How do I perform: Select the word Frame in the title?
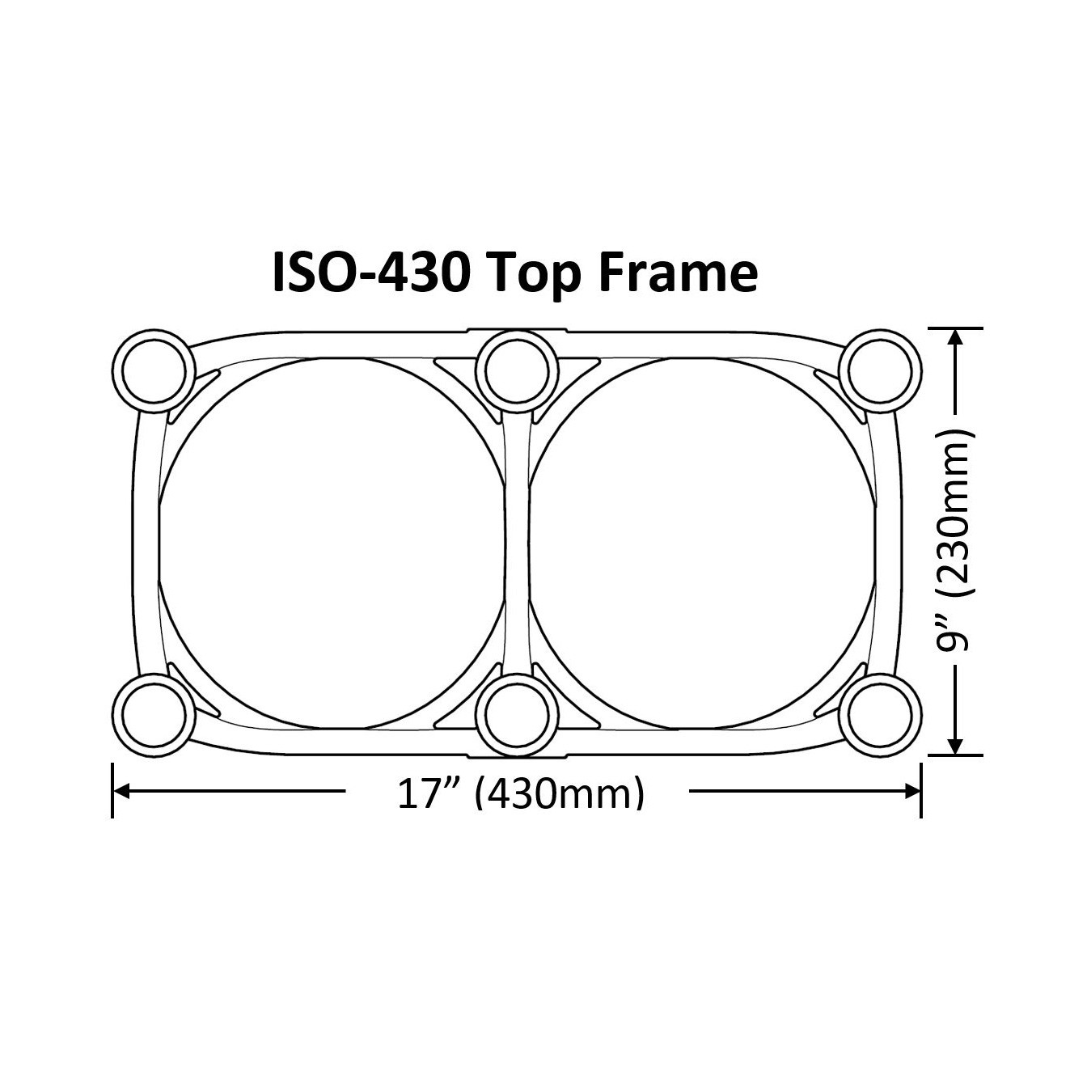pos(677,273)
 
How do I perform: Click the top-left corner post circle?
pos(154,370)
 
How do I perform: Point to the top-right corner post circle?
pos(881,370)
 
